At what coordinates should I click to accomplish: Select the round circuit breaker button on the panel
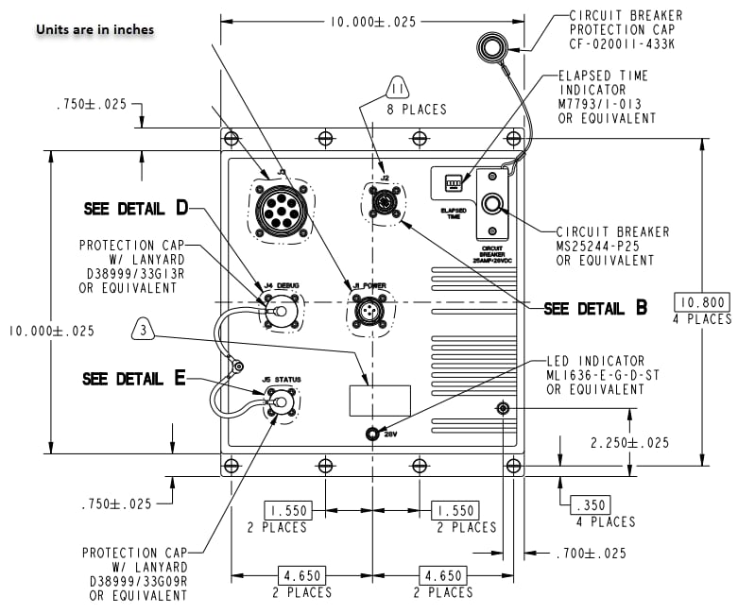coord(492,203)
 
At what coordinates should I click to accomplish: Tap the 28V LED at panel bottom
coord(373,434)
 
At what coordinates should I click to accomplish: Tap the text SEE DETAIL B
coord(595,309)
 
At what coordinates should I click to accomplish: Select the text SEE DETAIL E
coord(134,379)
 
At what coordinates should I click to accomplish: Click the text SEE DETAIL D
coord(136,209)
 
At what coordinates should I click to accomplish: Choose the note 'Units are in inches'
coord(94,29)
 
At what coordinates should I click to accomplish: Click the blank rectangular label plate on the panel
coord(380,400)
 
